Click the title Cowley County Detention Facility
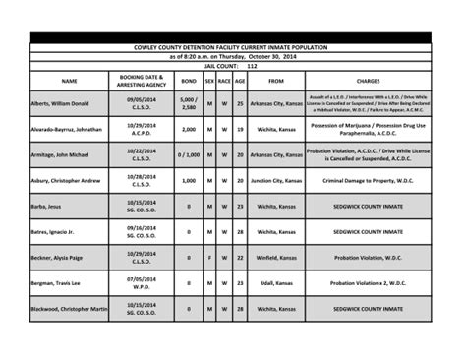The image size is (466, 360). coord(233,47)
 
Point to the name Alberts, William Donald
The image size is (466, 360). coord(60,103)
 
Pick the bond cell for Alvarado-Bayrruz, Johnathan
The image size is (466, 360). coord(188,129)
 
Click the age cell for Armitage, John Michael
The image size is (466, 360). coord(240,154)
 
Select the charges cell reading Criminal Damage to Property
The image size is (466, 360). coord(369,181)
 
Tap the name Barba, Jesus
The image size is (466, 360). coord(46,207)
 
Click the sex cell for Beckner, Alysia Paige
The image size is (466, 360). coord(209,258)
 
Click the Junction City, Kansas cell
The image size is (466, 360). coord(275,181)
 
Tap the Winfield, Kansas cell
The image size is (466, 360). coord(275,258)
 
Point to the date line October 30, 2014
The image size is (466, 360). coord(233,56)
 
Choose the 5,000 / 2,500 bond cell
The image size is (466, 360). coord(188,103)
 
